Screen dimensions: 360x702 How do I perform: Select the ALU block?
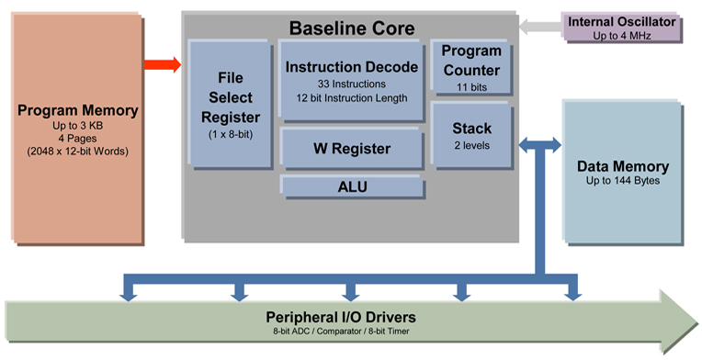[x=353, y=187]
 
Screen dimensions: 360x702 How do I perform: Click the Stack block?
[x=472, y=135]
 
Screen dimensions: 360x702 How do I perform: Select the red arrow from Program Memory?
[x=163, y=65]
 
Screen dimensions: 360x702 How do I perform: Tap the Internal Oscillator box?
[x=622, y=28]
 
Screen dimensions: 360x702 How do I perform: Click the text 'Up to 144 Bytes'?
[x=622, y=182]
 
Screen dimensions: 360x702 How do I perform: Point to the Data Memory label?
[x=622, y=167]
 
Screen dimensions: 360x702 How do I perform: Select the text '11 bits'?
[x=471, y=88]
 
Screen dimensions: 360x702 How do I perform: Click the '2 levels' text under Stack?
[x=471, y=145]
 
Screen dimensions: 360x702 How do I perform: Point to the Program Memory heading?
[x=78, y=111]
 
